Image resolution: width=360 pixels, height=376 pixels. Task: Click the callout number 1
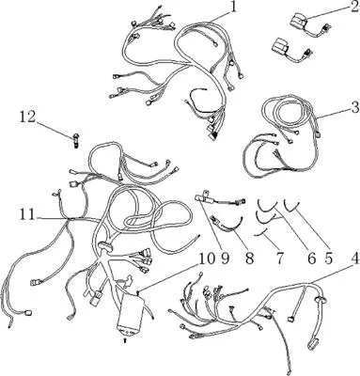point(232,8)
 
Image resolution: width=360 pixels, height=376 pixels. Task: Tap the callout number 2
point(354,7)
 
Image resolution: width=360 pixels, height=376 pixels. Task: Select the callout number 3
point(355,107)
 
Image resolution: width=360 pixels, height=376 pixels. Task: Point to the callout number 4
point(354,258)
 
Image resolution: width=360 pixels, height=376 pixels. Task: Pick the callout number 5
point(328,258)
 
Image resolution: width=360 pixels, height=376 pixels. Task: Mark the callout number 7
point(279,258)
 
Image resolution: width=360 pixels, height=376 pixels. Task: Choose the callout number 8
point(249,258)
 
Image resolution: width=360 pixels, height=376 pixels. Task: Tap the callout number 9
point(226,258)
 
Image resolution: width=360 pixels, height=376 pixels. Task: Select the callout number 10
point(207,258)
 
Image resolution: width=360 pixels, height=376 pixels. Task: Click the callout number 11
point(27,214)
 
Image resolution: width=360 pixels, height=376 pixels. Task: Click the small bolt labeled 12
point(75,139)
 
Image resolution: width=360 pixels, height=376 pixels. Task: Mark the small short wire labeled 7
point(261,232)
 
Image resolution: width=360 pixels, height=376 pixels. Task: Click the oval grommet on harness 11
point(106,246)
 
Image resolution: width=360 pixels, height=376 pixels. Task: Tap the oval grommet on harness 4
point(320,299)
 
